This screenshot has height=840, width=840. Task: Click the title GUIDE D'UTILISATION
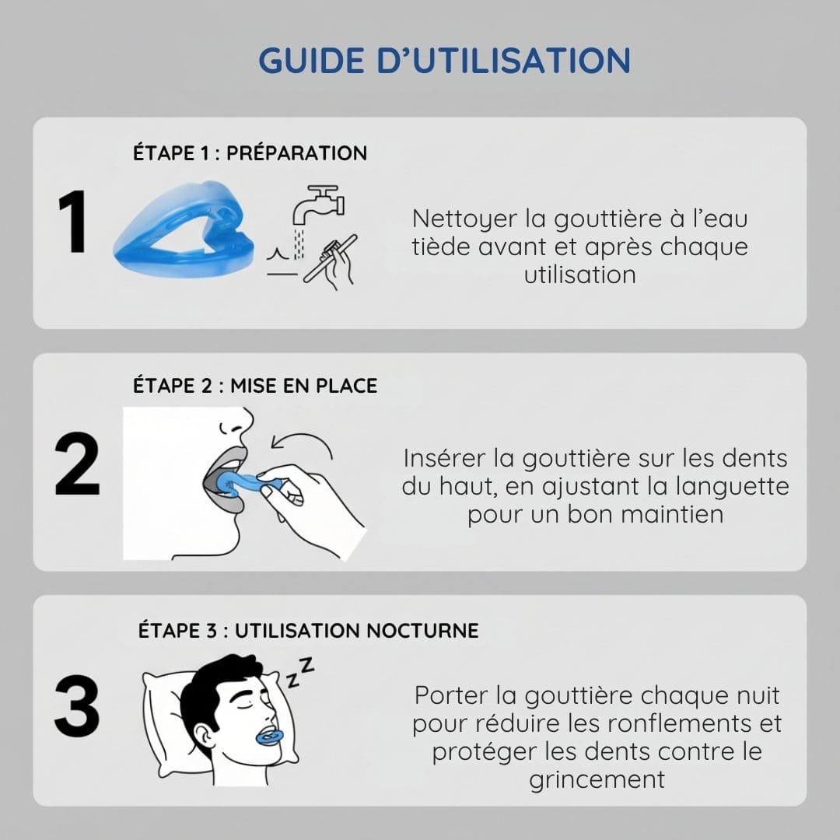pyautogui.click(x=445, y=60)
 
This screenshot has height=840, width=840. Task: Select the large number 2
pyautogui.click(x=77, y=464)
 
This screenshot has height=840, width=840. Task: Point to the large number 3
pyautogui.click(x=77, y=705)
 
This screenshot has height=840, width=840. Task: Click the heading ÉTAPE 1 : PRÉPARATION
pyautogui.click(x=250, y=152)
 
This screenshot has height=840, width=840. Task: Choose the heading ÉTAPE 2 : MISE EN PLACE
pyautogui.click(x=255, y=385)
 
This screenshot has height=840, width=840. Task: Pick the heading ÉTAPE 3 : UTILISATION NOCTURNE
pyautogui.click(x=309, y=630)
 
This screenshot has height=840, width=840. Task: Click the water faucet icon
pyautogui.click(x=318, y=205)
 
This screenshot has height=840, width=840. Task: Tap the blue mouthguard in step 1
pyautogui.click(x=184, y=229)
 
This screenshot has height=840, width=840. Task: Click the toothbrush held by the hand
pyautogui.click(x=330, y=258)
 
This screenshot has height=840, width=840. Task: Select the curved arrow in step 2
pyautogui.click(x=302, y=443)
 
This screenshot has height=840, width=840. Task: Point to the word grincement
pyautogui.click(x=597, y=780)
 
